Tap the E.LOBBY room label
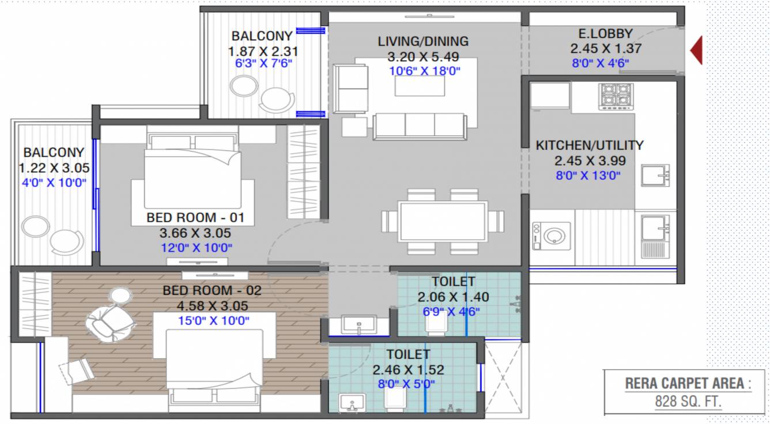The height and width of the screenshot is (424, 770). pyautogui.click(x=605, y=33)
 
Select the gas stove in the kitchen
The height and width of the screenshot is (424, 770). pyautogui.click(x=616, y=97)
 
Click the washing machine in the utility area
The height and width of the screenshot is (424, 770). pyautogui.click(x=552, y=236)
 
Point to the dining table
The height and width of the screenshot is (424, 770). pyautogui.click(x=443, y=222)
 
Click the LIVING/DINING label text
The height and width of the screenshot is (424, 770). pyautogui.click(x=423, y=41)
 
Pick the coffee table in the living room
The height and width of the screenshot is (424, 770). pyautogui.click(x=420, y=86)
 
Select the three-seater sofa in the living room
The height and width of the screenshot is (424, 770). pyautogui.click(x=420, y=126)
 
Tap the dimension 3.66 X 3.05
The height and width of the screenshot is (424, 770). pyautogui.click(x=195, y=233)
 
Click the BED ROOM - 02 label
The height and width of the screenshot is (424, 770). pyautogui.click(x=212, y=291)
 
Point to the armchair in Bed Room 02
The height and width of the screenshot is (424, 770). pyautogui.click(x=110, y=324)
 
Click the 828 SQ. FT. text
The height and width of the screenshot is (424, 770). pyautogui.click(x=688, y=402)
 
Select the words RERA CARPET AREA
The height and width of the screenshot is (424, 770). pyautogui.click(x=684, y=384)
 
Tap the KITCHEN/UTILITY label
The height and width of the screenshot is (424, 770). pyautogui.click(x=590, y=145)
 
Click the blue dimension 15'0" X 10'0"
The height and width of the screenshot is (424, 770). pyautogui.click(x=213, y=320)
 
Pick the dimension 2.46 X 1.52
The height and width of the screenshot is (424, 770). pyautogui.click(x=408, y=370)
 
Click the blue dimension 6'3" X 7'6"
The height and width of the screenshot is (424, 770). pyautogui.click(x=263, y=63)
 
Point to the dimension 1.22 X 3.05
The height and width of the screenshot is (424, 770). pyautogui.click(x=54, y=168)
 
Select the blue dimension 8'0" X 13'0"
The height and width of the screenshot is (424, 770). pyautogui.click(x=588, y=176)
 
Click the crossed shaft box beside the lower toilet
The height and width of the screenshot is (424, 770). pyautogui.click(x=503, y=378)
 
